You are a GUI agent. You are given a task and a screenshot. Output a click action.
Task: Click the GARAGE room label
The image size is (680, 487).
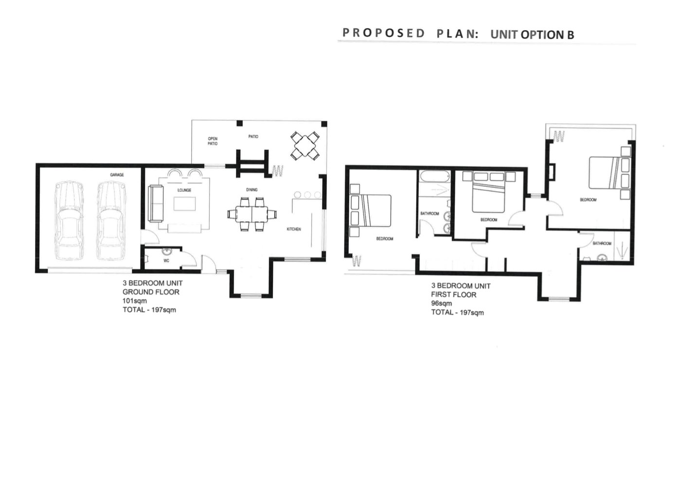pos(117,175)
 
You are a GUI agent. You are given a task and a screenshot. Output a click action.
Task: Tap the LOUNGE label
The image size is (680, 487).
pos(184,190)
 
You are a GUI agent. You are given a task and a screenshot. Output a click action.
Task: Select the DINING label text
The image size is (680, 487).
pos(251,190)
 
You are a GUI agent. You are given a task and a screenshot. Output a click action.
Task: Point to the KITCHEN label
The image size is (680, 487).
pos(294,229)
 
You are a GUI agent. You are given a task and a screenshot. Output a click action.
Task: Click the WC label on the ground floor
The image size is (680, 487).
pos(166,260)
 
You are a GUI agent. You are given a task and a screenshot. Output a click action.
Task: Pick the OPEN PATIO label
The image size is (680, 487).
pos(213,141)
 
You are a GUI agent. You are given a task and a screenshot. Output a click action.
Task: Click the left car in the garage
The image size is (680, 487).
pos(69,221)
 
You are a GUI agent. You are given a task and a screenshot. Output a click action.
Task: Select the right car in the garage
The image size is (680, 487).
pos(111,221)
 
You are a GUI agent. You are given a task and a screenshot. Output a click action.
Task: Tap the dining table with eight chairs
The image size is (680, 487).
pos(252,215)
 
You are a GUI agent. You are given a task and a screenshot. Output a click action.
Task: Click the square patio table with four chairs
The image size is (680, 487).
pos(305,146)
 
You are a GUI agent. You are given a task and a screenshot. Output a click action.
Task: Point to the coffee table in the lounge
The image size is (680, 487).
pos(184,203)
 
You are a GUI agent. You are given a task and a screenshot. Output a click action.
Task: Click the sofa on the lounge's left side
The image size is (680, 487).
pos(156,203)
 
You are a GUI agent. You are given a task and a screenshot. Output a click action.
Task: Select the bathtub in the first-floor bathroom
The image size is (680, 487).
pos(434,177)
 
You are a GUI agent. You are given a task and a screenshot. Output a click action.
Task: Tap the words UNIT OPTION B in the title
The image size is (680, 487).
pos(532,35)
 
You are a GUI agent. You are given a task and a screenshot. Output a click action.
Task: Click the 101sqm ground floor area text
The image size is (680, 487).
pos(134,301)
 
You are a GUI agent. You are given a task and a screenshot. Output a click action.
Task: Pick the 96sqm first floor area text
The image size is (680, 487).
pos(441,303)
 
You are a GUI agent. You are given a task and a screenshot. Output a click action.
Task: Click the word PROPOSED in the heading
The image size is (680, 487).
pos(383,33)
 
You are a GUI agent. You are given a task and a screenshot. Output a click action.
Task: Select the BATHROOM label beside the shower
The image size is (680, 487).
pos(602,243)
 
